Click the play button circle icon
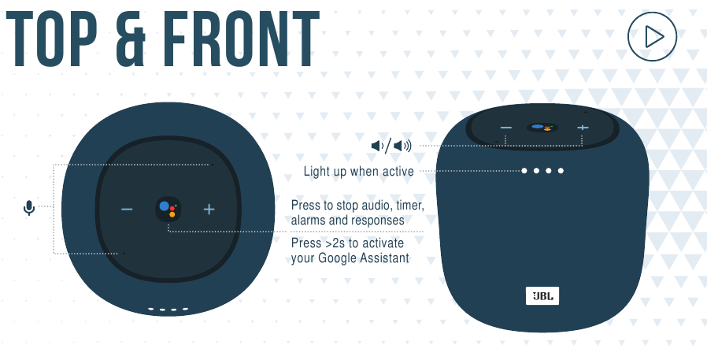pos(652,36)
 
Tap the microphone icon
pos(29,207)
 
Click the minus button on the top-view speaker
pos(127,210)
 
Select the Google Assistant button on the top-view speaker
pos(168,210)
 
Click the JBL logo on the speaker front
pos(542,296)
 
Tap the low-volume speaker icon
pos(377,146)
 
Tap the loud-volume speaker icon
pos(402,146)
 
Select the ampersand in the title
pos(131,39)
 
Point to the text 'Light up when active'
pos(358,172)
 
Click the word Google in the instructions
pos(337,258)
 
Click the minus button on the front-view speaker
pos(506,128)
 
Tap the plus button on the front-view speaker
pos(583,128)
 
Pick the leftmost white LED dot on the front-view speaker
pos(524,170)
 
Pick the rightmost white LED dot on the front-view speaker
pos(561,170)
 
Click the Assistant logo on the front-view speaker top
pos(542,128)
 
